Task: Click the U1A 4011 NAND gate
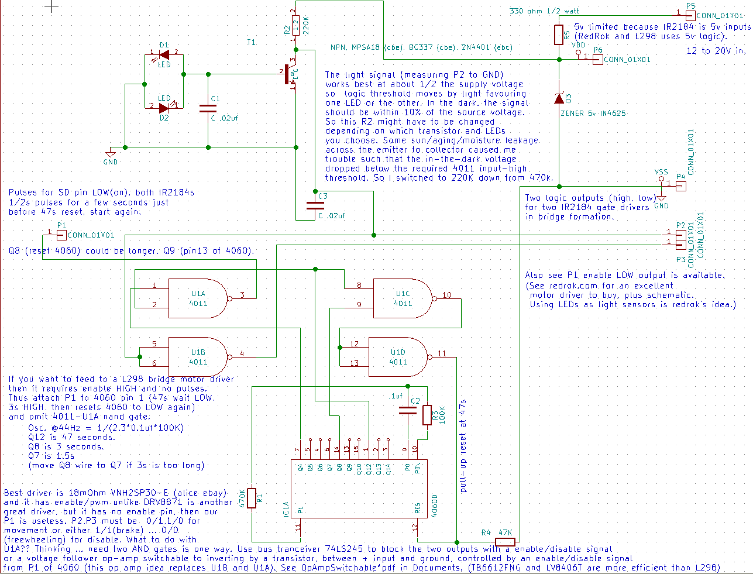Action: [x=198, y=298]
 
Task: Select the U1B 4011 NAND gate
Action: [x=198, y=357]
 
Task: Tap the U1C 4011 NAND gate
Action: [x=403, y=298]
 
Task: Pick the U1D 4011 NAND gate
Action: [x=398, y=357]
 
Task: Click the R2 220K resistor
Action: [x=296, y=26]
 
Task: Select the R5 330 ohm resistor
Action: [x=559, y=35]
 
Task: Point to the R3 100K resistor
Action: [x=427, y=415]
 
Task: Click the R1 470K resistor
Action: [x=252, y=498]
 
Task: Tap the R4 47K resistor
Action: [x=505, y=541]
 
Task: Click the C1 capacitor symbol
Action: [x=208, y=108]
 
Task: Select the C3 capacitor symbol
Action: [x=315, y=205]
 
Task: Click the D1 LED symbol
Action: [x=164, y=55]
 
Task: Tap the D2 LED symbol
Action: [x=164, y=108]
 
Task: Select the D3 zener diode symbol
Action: [x=559, y=98]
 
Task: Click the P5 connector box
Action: [x=691, y=15]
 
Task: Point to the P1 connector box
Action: [x=61, y=235]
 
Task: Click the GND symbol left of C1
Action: [x=110, y=153]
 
